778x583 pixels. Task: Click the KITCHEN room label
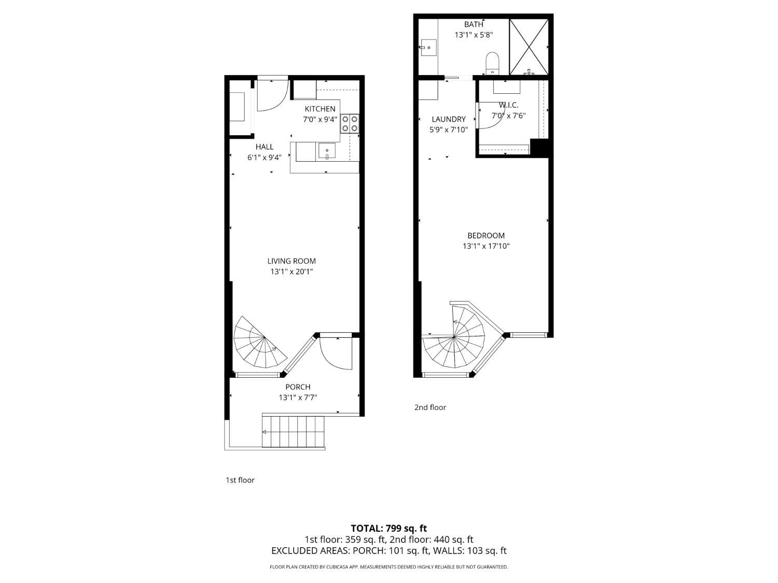click(319, 109)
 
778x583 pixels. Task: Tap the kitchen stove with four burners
click(350, 123)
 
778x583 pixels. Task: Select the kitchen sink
click(327, 151)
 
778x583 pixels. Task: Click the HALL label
click(264, 147)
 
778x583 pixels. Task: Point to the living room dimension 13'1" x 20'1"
click(291, 272)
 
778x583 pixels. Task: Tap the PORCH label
click(298, 387)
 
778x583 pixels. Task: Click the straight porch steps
click(294, 431)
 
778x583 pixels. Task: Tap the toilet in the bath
click(492, 63)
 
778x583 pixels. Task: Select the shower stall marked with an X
click(529, 47)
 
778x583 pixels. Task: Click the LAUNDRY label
click(449, 119)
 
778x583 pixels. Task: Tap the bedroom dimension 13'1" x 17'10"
click(486, 247)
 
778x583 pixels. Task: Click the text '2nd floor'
click(430, 407)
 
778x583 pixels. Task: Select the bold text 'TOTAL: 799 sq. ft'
click(388, 529)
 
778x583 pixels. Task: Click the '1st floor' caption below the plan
click(240, 480)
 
